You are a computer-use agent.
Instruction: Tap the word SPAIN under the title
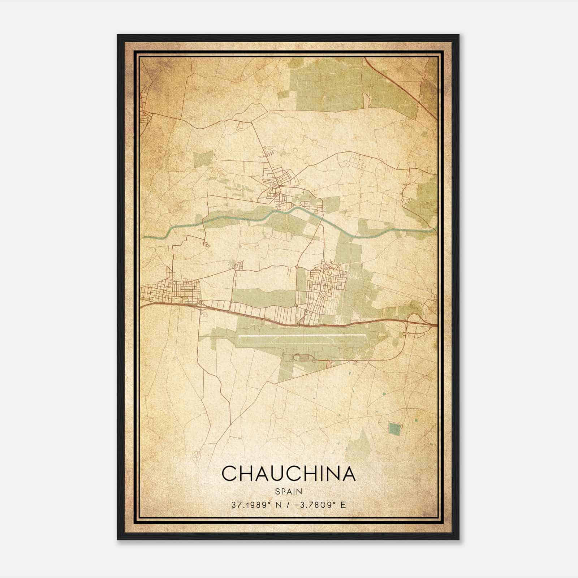(x=289, y=491)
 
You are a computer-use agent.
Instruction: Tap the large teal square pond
(x=395, y=429)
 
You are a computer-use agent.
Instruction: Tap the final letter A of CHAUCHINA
(x=348, y=473)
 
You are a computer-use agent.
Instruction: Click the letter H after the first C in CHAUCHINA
(x=245, y=473)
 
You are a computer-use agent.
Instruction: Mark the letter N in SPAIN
(x=300, y=491)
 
